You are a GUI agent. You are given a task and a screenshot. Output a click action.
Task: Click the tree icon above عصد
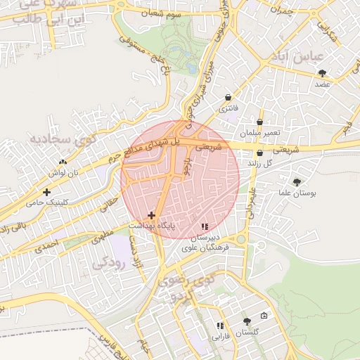323,73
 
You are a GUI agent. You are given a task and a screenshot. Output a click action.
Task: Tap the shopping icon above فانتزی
229,98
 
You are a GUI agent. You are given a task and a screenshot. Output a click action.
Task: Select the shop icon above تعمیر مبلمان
260,122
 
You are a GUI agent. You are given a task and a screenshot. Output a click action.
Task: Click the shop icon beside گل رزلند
260,153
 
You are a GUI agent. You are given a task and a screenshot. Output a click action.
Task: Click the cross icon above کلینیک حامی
47,191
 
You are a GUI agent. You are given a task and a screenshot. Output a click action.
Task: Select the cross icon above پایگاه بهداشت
151,214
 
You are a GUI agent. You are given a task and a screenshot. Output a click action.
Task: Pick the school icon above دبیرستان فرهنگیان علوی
205,227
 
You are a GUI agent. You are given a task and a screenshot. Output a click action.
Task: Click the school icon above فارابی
220,326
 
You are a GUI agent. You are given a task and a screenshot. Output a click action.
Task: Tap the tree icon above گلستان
246,321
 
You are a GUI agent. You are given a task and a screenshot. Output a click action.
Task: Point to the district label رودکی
108,262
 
